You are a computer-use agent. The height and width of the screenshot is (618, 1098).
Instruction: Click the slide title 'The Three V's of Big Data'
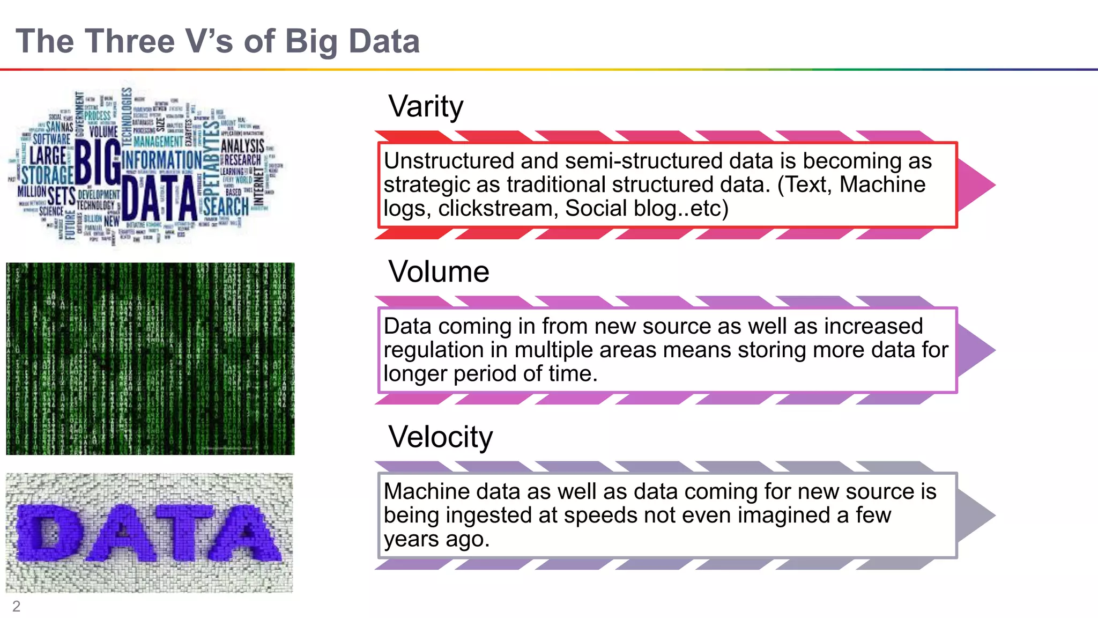tap(218, 41)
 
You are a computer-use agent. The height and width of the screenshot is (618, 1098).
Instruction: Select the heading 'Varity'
tap(426, 106)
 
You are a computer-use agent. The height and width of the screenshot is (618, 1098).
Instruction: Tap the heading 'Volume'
tap(439, 271)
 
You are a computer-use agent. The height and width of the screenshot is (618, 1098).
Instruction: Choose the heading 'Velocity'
tap(440, 437)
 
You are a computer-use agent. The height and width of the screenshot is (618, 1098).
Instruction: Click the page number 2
tap(16, 606)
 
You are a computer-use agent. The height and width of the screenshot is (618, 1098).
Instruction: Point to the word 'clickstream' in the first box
tap(498, 208)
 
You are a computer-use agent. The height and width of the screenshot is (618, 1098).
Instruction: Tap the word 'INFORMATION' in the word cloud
tap(162, 160)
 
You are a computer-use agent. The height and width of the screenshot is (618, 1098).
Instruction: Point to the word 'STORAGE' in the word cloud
tap(47, 175)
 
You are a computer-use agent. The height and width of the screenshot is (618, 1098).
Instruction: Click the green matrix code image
tap(150, 358)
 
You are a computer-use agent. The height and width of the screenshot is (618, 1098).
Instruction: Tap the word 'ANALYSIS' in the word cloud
tap(242, 146)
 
